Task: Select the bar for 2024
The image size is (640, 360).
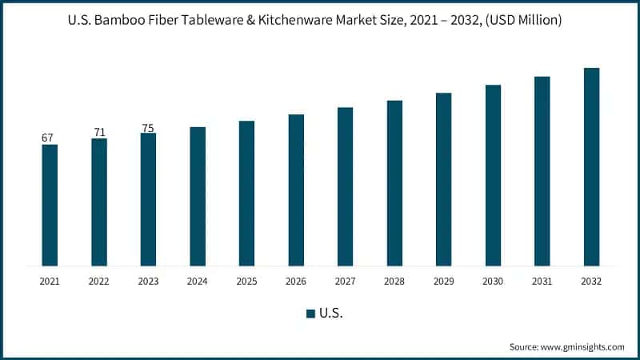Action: (198, 196)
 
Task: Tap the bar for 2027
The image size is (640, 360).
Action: (345, 186)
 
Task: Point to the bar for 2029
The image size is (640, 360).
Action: (443, 179)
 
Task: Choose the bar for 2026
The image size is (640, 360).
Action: (296, 190)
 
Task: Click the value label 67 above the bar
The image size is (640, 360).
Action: (47, 138)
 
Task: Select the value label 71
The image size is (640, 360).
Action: (99, 132)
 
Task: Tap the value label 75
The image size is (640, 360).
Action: (148, 126)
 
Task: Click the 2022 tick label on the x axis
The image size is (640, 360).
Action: (99, 282)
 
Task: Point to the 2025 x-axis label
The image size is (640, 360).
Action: (246, 282)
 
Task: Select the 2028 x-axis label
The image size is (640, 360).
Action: (394, 282)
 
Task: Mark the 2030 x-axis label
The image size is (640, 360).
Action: (493, 282)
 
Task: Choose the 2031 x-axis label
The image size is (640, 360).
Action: (542, 282)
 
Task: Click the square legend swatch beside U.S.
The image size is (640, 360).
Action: (310, 314)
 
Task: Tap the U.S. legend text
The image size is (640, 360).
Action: (331, 314)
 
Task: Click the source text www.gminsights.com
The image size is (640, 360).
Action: (583, 347)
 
